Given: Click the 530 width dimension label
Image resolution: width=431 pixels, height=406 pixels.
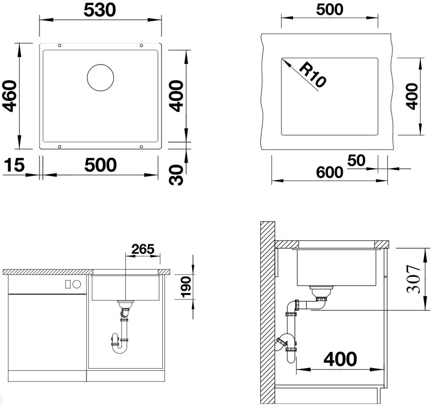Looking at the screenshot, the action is coord(100,10).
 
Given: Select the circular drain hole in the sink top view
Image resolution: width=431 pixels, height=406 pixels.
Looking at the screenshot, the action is coord(100,78).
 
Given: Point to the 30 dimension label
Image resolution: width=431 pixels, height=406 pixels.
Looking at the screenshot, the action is coord(176,175).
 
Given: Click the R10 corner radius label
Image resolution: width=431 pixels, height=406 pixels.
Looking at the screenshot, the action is coord(312,75).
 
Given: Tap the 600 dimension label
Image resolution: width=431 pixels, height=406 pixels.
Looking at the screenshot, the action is coord(330,172).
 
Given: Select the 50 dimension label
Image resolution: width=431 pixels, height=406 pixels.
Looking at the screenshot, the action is coord(356,160).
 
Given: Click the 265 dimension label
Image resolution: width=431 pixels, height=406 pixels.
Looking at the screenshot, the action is coord(143,249).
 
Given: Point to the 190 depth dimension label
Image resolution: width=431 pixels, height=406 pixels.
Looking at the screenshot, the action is coord(187,287).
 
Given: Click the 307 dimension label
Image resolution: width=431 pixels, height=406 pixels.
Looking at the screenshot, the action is coord(414,279).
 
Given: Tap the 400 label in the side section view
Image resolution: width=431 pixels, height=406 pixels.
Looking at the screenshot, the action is coord(340,359).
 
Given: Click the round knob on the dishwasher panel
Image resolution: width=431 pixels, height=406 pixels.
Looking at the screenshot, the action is coord(77,284).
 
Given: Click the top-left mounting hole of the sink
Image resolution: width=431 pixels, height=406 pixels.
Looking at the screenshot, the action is coord(59,45).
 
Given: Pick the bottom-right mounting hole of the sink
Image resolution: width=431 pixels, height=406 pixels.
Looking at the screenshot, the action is coord(141,147).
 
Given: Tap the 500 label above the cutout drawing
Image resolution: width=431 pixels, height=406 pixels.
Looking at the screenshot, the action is coord(330,9).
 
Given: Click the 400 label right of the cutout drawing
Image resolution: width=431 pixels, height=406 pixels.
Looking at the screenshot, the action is coord(412,97).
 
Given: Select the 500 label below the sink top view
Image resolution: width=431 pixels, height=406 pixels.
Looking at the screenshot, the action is coord(100,165).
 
